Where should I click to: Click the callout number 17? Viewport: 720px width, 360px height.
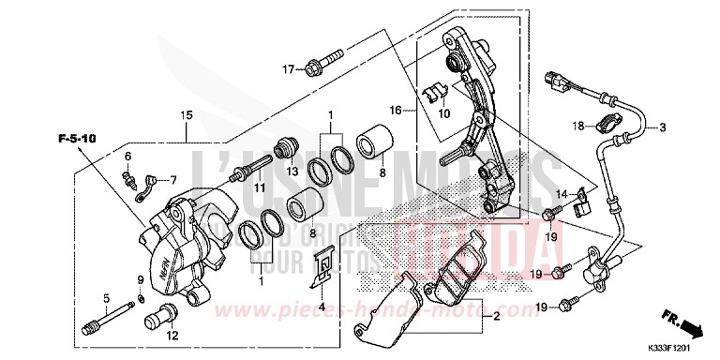click(x=288, y=69)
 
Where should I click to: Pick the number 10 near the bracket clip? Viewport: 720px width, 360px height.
click(x=444, y=114)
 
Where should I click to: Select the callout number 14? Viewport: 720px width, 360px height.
click(x=562, y=193)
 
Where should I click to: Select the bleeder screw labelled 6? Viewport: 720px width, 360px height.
click(x=127, y=172)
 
